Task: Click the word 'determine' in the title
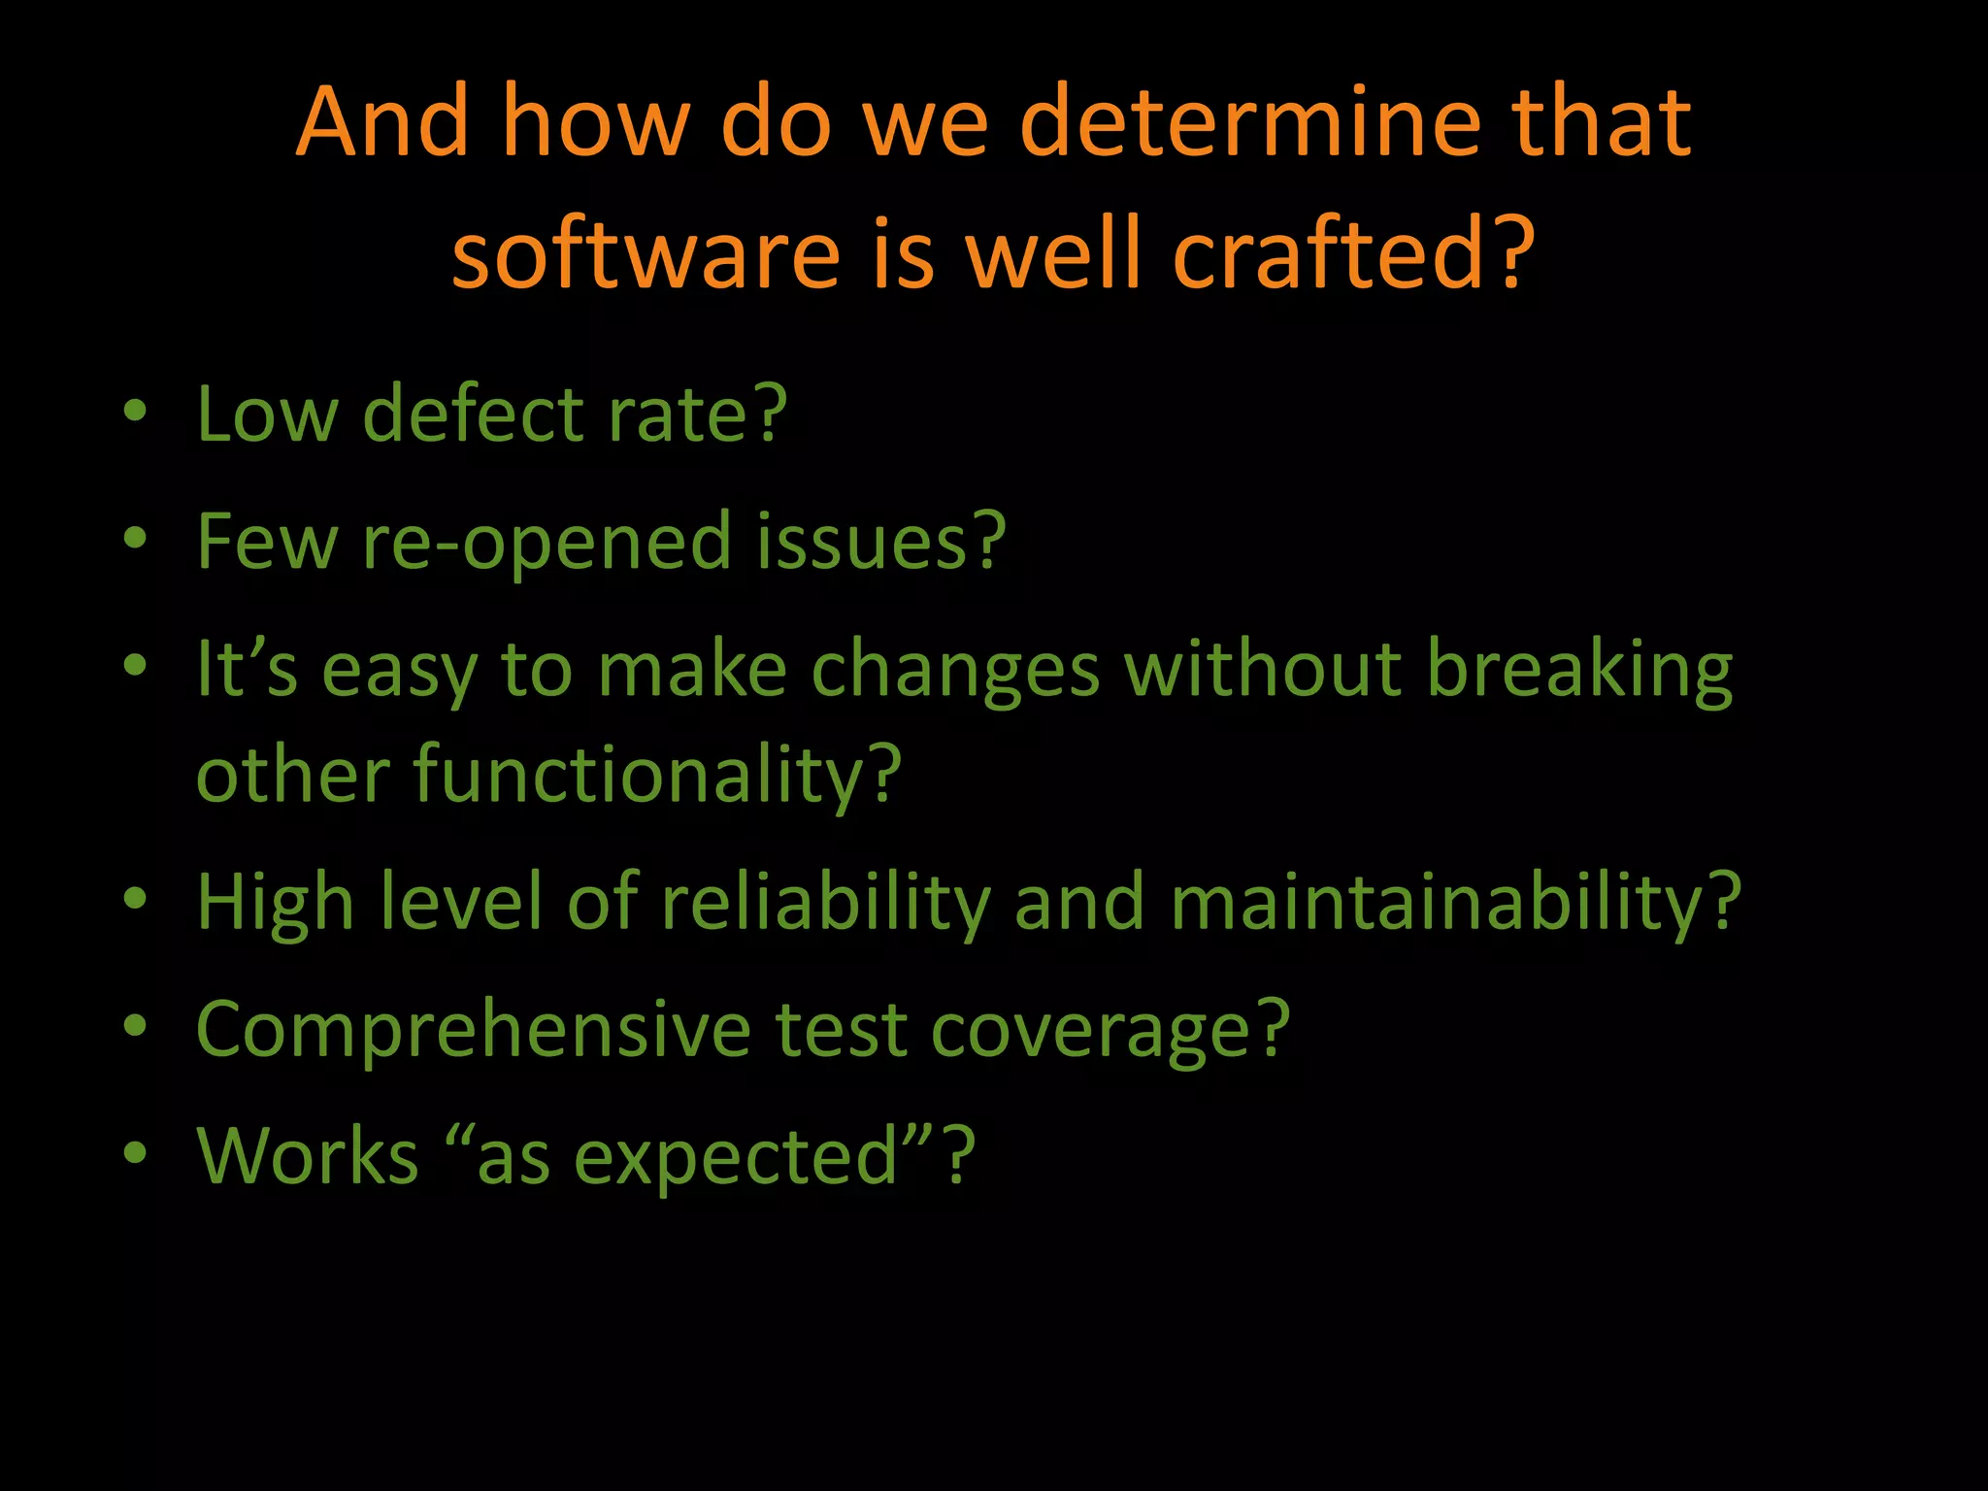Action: coord(1251,123)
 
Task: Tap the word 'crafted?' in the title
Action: coord(1353,254)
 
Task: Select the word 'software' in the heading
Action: coord(646,254)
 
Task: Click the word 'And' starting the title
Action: coord(382,123)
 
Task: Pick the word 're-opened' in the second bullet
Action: coord(547,542)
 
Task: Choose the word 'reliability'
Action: coord(825,903)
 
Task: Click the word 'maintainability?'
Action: coord(1455,903)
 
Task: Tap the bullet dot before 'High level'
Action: coord(136,898)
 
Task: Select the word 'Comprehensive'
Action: coord(473,1030)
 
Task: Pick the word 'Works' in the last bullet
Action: coord(308,1156)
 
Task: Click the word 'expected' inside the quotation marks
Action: coord(736,1158)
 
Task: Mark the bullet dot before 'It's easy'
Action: coord(136,666)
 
